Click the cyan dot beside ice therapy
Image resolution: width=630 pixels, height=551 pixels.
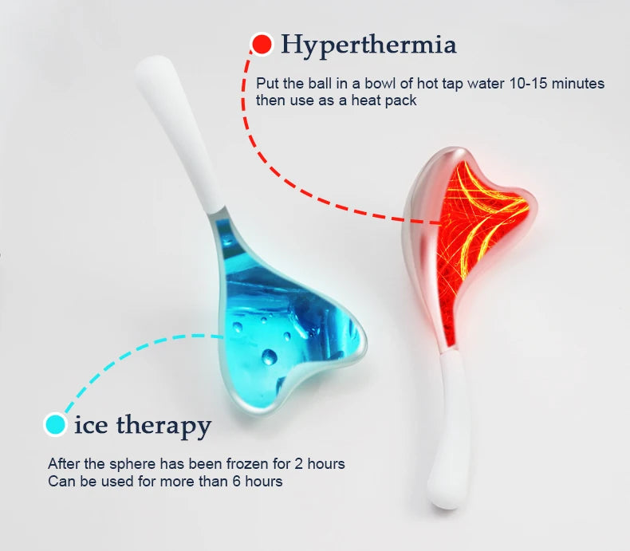pyautogui.click(x=55, y=424)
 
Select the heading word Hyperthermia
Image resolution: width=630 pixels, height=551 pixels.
pyautogui.click(x=369, y=45)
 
